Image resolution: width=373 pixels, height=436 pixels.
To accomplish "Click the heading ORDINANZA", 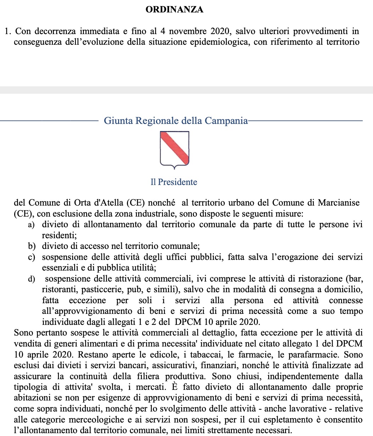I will (x=174, y=10).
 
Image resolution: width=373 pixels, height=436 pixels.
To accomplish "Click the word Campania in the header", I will (x=226, y=121).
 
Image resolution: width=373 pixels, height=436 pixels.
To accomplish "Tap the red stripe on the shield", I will (x=174, y=147).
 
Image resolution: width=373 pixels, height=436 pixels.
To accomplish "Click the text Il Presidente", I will (x=174, y=182).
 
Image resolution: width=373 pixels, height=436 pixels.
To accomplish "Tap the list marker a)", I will (x=32, y=225).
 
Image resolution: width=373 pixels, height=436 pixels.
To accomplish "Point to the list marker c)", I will (x=32, y=257).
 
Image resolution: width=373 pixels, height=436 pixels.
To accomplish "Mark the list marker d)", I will (x=32, y=279).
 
